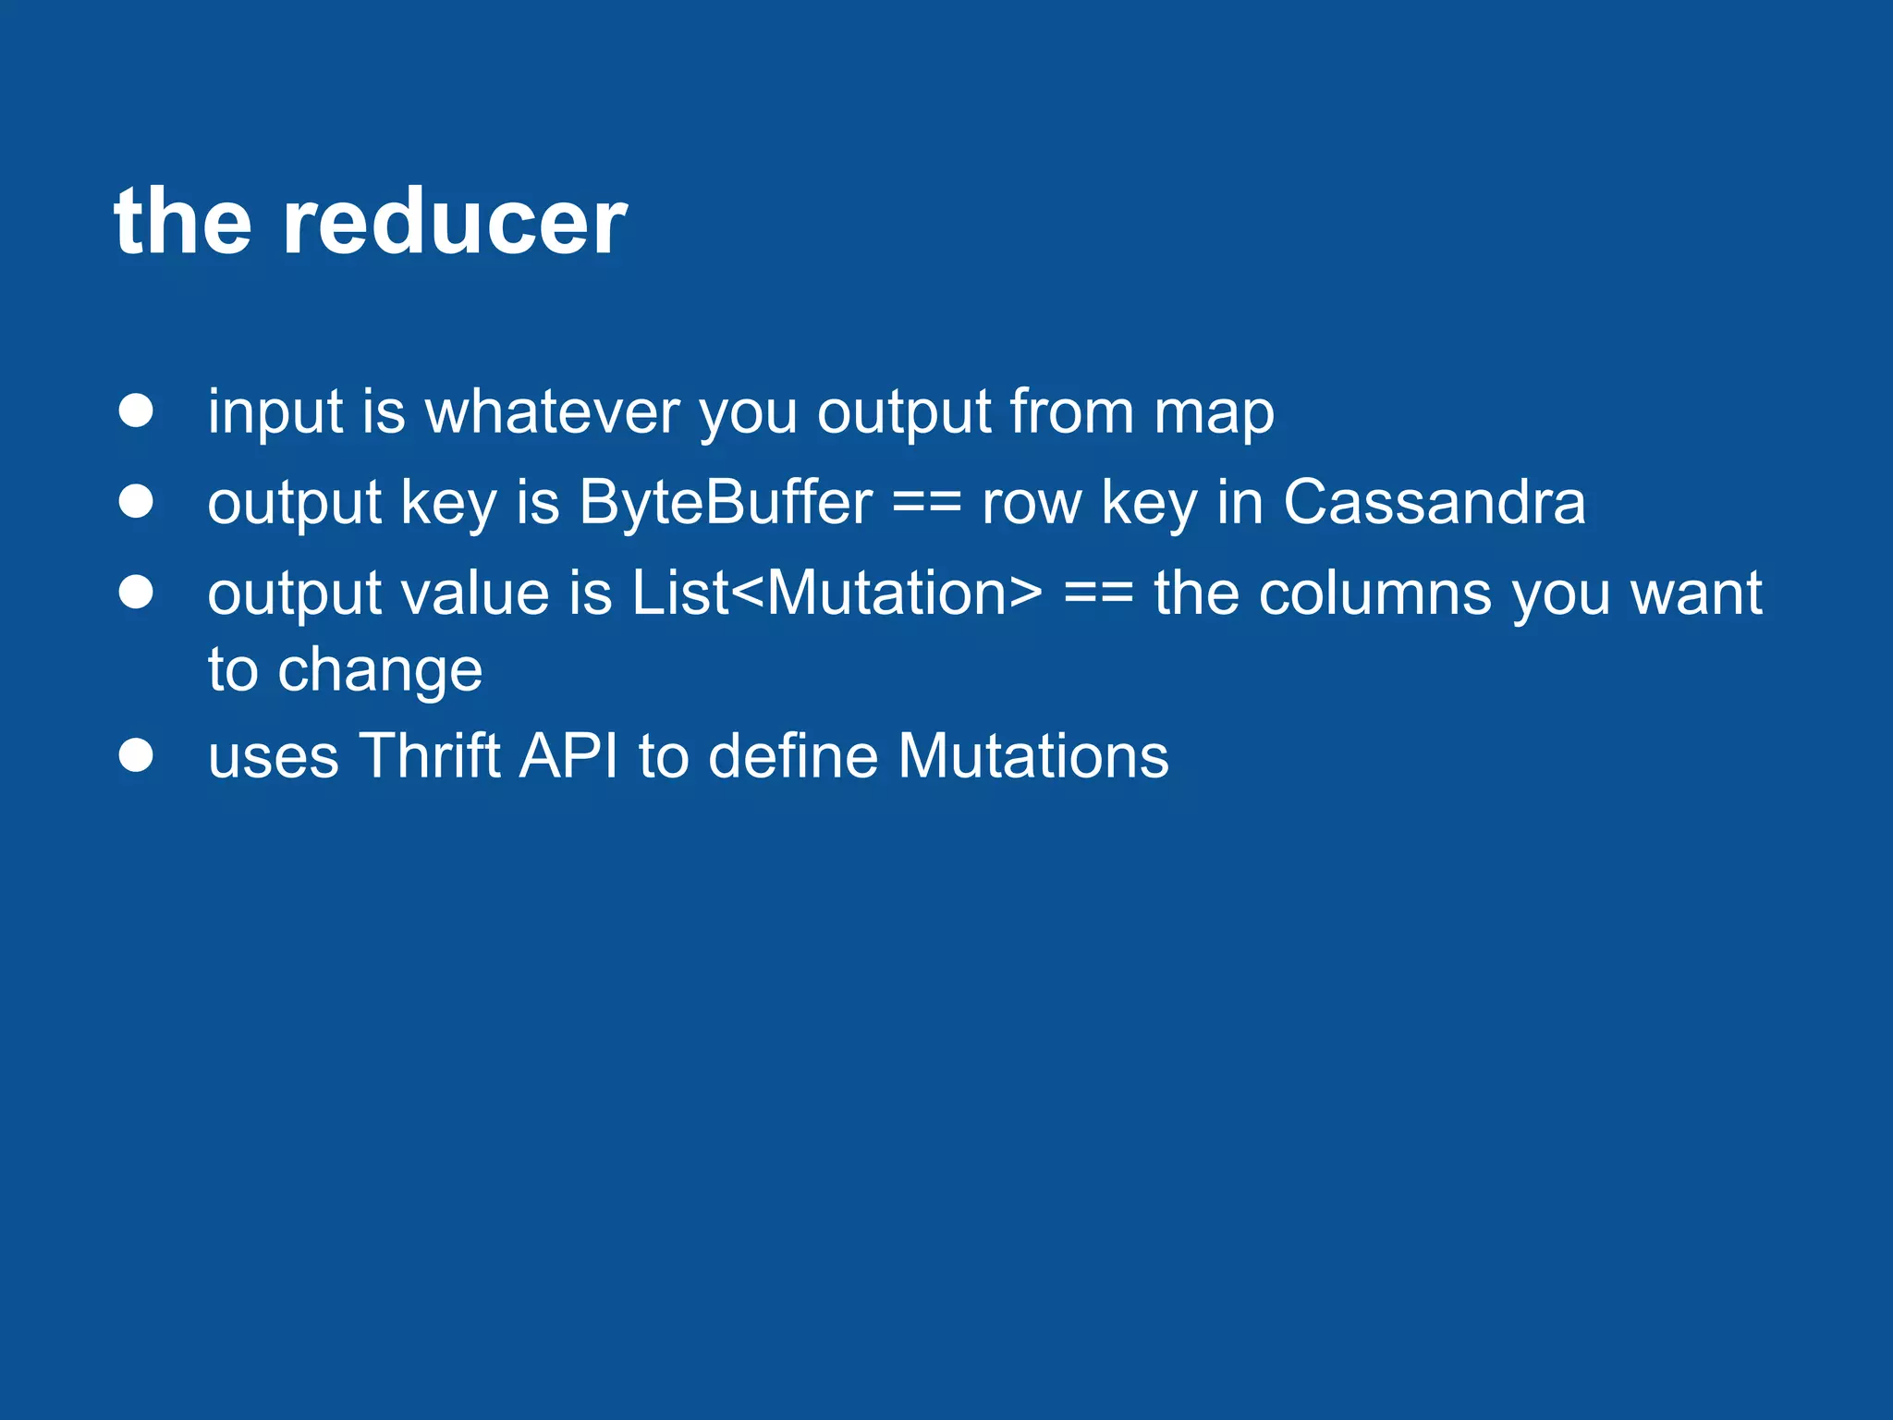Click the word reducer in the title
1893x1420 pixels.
coord(455,222)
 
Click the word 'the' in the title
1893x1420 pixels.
coord(183,222)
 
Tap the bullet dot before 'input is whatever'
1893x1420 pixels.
coord(136,410)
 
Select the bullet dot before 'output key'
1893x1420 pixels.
coord(136,501)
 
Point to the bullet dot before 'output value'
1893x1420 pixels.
coord(136,592)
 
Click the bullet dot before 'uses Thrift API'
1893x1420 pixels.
coord(136,755)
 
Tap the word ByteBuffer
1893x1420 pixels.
coord(726,503)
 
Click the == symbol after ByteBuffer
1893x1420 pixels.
coord(927,505)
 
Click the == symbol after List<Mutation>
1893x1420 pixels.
coord(1098,594)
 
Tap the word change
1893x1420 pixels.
coord(380,671)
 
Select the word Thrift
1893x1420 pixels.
coord(429,756)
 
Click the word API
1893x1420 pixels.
coord(568,756)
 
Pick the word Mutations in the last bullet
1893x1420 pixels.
coord(1032,756)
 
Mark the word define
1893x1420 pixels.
coord(793,756)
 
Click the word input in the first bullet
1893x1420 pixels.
coord(275,412)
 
